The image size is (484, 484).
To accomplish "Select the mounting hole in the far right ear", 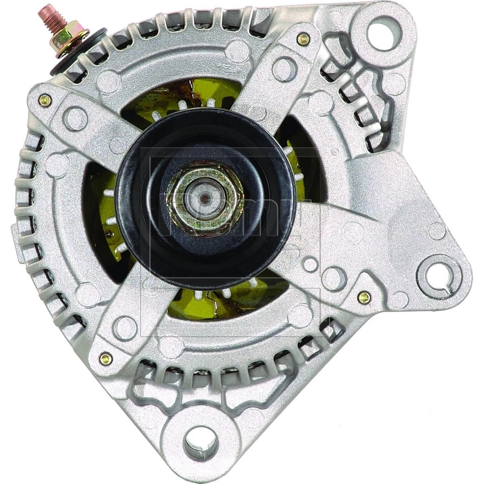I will coord(440,275).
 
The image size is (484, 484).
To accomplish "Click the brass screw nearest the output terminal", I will coord(45,100).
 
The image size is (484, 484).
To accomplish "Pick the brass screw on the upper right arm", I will coord(302,39).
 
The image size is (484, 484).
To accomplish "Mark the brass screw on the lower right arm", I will coord(364,297).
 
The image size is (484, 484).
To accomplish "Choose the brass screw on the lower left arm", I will coord(106,358).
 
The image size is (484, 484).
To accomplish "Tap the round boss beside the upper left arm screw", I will coord(75,119).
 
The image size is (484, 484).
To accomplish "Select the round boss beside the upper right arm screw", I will coord(284,69).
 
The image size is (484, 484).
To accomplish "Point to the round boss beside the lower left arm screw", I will coord(125,328).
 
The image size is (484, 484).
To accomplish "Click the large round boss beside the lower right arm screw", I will coord(334,278).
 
